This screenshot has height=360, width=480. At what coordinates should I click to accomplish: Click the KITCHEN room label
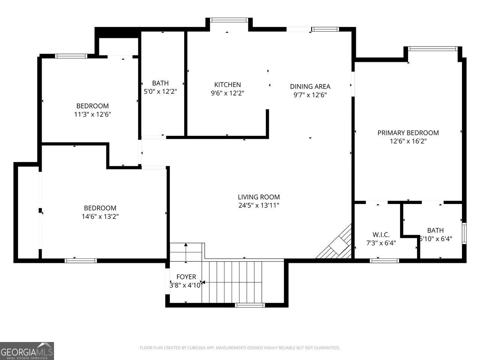pyautogui.click(x=227, y=85)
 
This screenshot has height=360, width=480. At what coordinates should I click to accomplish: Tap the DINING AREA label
pyautogui.click(x=310, y=87)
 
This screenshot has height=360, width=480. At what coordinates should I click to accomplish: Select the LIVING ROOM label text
pyautogui.click(x=259, y=197)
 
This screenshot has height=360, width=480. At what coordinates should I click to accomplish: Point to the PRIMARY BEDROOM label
pyautogui.click(x=408, y=133)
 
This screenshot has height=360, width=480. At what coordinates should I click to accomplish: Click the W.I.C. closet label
pyautogui.click(x=381, y=235)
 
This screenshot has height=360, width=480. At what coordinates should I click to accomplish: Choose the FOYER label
pyautogui.click(x=186, y=277)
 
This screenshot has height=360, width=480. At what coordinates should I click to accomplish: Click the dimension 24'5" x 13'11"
pyautogui.click(x=259, y=205)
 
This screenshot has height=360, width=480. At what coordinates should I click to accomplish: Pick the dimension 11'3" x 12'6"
pyautogui.click(x=93, y=114)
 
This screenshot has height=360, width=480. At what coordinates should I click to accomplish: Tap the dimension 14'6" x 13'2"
pyautogui.click(x=100, y=216)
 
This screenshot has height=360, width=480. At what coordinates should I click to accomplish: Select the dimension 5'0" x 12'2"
pyautogui.click(x=160, y=91)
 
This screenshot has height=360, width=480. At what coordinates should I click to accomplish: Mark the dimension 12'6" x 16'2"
pyautogui.click(x=408, y=141)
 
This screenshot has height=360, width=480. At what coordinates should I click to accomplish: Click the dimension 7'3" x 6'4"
pyautogui.click(x=381, y=243)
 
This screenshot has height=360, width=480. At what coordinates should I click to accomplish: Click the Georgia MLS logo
pyautogui.click(x=27, y=351)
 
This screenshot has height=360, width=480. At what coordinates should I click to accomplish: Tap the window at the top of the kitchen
pyautogui.click(x=229, y=20)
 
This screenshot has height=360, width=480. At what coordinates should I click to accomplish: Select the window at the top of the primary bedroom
pyautogui.click(x=433, y=48)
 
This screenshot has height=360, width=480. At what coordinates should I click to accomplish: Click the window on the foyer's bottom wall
pyautogui.click(x=250, y=305)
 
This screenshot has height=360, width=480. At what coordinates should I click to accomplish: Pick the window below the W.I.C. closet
pyautogui.click(x=384, y=261)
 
